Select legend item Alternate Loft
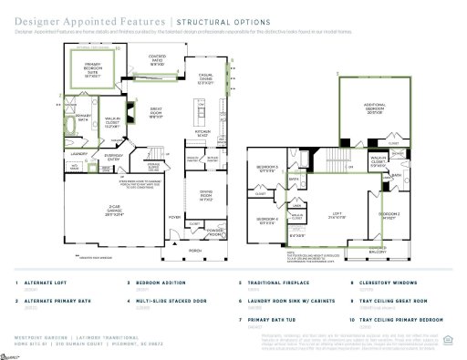(47, 283)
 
